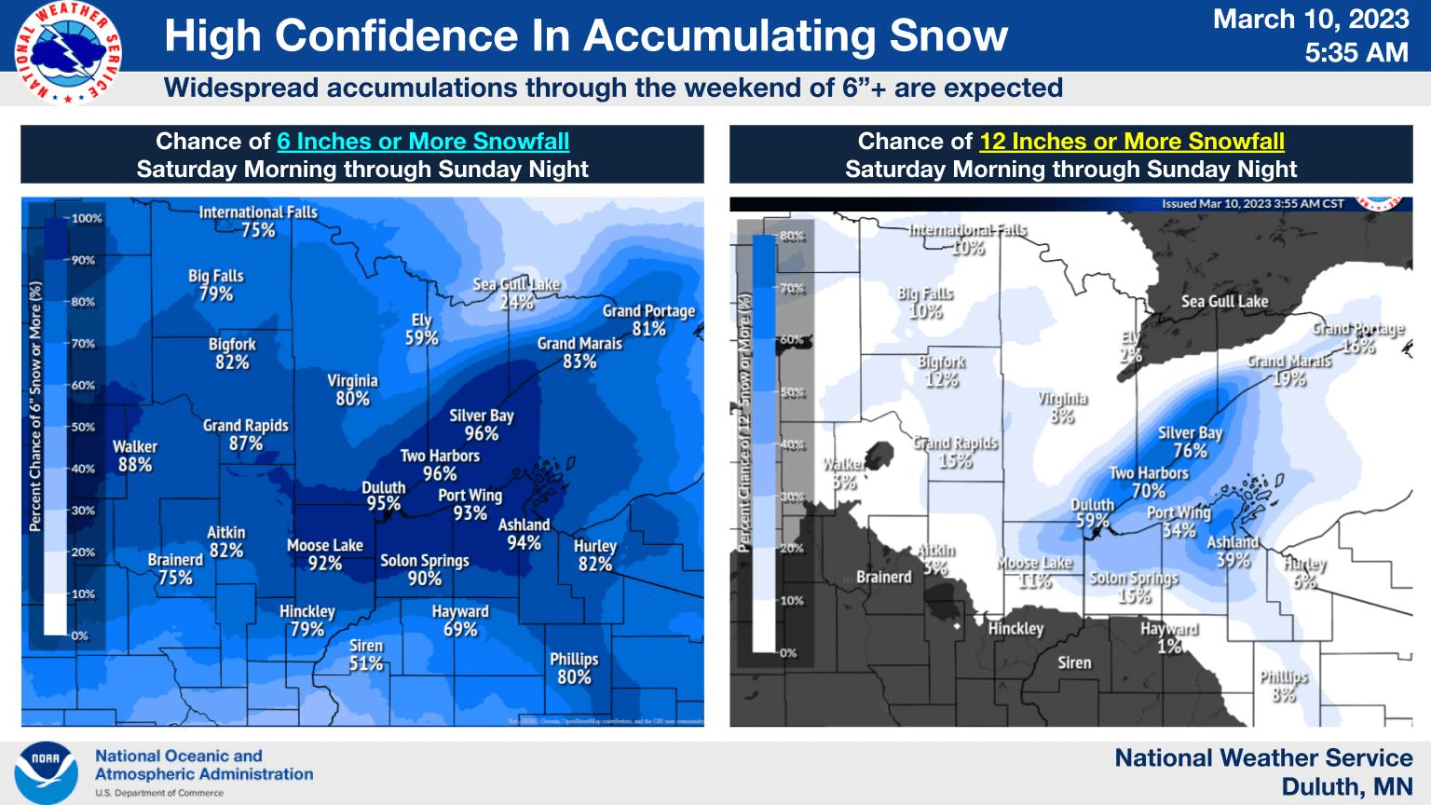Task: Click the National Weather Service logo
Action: click(67, 51)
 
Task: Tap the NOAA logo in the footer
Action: click(46, 771)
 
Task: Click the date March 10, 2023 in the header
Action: click(1310, 20)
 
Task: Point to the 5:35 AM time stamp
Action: click(1356, 52)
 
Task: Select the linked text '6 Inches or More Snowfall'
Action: click(423, 142)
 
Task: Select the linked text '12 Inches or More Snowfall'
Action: click(1131, 142)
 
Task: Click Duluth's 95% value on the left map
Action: click(383, 504)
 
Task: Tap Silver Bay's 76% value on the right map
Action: click(1190, 451)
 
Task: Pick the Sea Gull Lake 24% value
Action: click(516, 302)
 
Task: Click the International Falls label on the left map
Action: click(258, 212)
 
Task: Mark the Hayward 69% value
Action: click(460, 630)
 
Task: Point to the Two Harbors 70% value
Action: click(1148, 491)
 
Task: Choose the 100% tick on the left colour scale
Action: click(87, 219)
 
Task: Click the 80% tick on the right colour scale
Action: click(792, 236)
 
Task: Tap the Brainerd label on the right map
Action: click(884, 578)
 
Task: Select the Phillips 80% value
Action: click(574, 677)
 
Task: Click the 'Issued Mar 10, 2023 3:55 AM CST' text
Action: click(1252, 204)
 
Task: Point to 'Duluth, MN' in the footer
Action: click(1346, 787)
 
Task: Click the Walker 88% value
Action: click(135, 465)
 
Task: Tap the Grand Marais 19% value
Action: click(1289, 379)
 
